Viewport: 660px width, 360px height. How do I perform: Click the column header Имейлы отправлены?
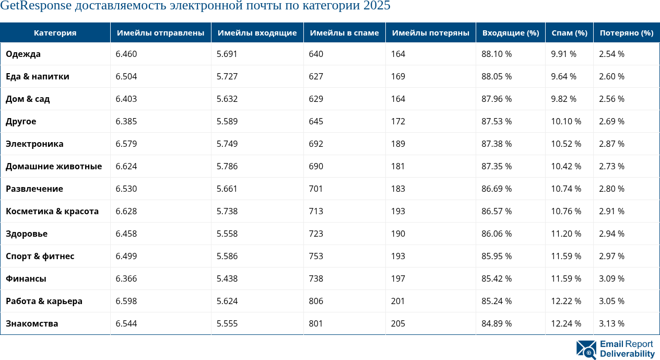[160, 33]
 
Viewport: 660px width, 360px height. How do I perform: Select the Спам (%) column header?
[569, 33]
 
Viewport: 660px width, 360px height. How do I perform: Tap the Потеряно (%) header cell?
[626, 33]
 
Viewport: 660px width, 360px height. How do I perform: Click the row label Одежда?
[23, 54]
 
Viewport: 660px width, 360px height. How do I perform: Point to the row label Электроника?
[34, 144]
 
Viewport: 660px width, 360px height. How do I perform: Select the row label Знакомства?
[32, 323]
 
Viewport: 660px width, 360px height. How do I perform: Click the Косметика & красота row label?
[52, 211]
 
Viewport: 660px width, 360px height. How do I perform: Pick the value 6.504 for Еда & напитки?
[126, 76]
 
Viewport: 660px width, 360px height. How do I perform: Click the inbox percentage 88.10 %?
[496, 54]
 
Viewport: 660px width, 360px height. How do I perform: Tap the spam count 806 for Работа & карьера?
[316, 301]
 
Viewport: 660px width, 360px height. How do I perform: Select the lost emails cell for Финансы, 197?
[398, 278]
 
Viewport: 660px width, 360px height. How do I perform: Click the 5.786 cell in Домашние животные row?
[227, 166]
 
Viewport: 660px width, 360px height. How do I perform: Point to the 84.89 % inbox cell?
[496, 323]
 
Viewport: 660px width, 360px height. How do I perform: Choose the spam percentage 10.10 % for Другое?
[566, 121]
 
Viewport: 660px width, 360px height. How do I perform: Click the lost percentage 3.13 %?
[611, 323]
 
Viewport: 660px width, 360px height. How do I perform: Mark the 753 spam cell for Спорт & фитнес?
[316, 256]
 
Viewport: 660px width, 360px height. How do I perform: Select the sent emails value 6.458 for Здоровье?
[126, 234]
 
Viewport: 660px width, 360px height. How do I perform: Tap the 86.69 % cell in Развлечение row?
[496, 189]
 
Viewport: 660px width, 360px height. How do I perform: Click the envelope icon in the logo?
[586, 350]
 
